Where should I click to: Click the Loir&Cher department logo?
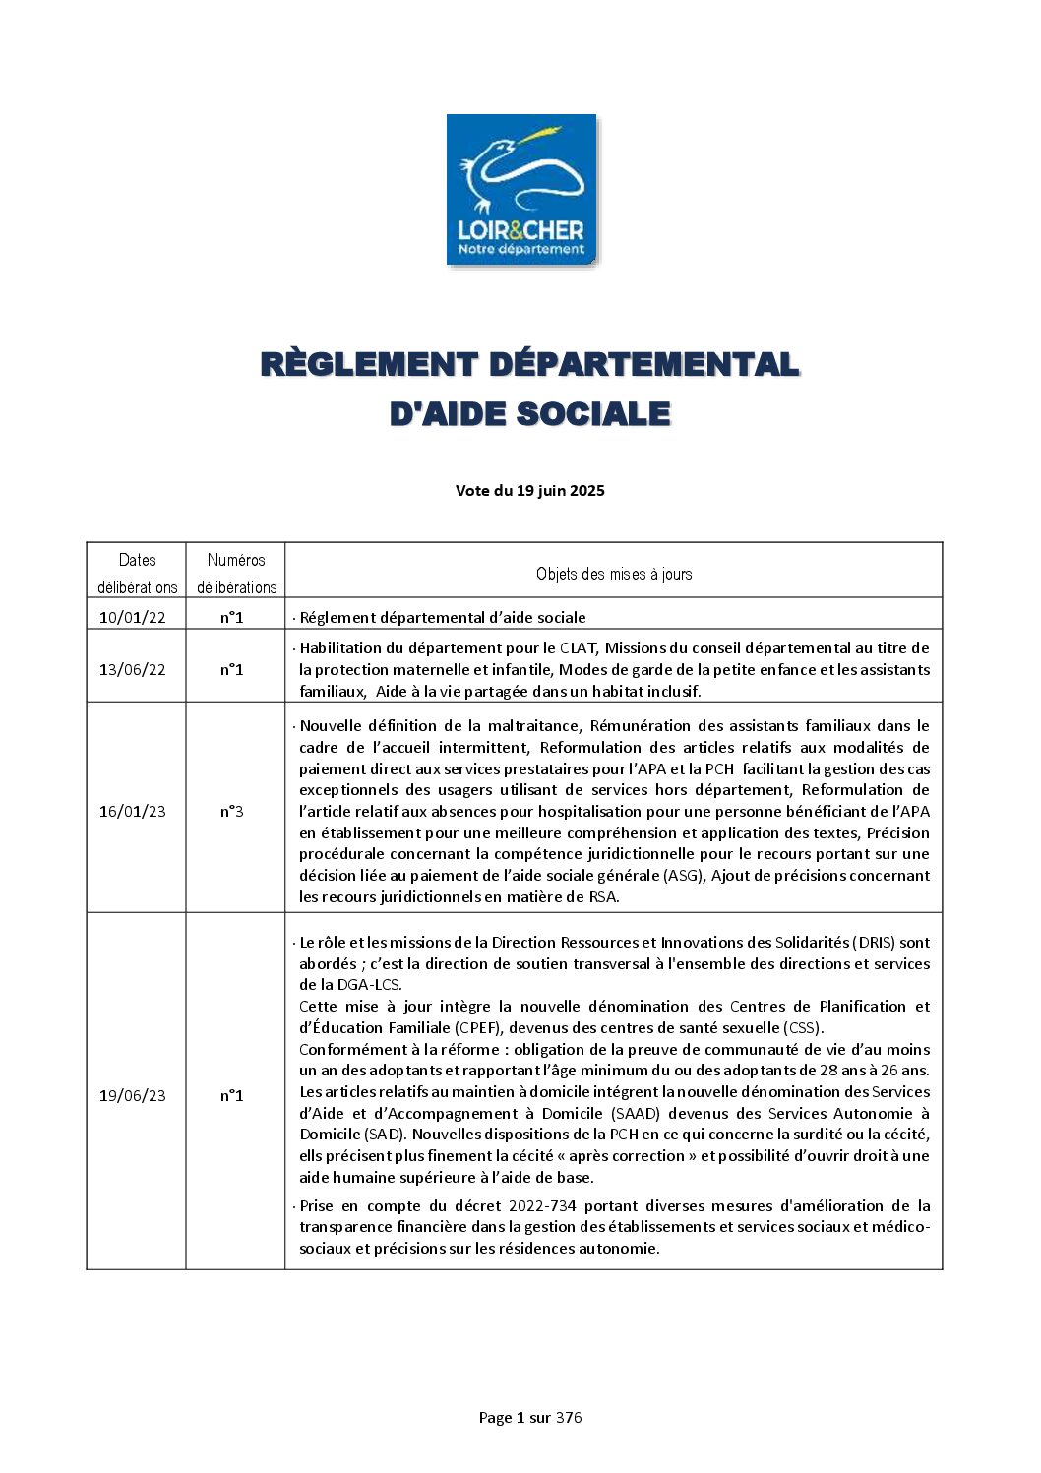tap(521, 189)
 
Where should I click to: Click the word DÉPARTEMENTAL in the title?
tap(643, 364)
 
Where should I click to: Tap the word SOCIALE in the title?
tap(593, 414)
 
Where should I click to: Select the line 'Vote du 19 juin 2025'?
tap(529, 491)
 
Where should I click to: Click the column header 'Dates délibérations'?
tap(137, 573)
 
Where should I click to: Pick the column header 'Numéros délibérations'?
tap(236, 573)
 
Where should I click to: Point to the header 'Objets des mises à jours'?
tap(614, 574)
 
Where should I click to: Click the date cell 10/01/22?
tap(133, 618)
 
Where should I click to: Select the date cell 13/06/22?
tap(133, 670)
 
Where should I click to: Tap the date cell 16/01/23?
tap(133, 812)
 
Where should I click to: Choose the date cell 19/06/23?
tap(133, 1096)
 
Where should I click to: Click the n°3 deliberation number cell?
tap(232, 812)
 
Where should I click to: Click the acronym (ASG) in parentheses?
tap(684, 876)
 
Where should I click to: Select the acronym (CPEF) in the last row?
tap(477, 1028)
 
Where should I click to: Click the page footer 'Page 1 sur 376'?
tap(530, 1418)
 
